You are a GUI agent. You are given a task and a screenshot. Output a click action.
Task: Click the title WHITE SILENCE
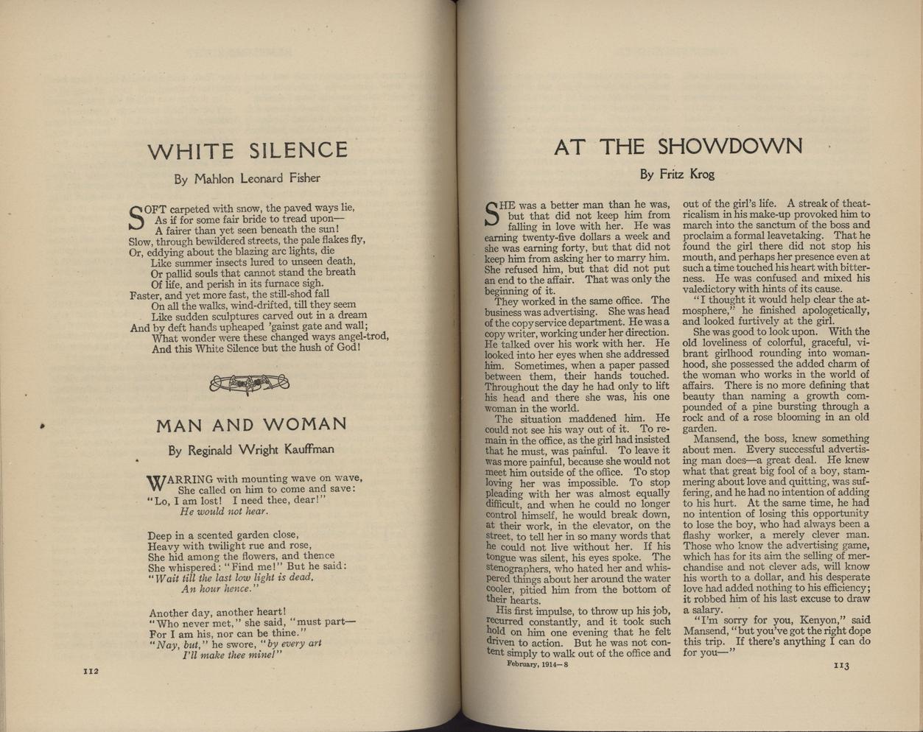pyautogui.click(x=247, y=151)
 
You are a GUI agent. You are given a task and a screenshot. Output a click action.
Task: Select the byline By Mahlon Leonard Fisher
pyautogui.click(x=247, y=178)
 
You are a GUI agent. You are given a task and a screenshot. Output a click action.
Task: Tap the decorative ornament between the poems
pyautogui.click(x=249, y=384)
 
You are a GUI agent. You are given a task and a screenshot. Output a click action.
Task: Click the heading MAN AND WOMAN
pyautogui.click(x=251, y=425)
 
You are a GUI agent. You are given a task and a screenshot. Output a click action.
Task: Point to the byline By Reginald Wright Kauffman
pyautogui.click(x=251, y=449)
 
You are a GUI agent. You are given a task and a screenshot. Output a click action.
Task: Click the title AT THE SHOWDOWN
pyautogui.click(x=678, y=147)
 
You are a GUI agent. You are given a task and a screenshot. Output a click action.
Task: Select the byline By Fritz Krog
pyautogui.click(x=677, y=175)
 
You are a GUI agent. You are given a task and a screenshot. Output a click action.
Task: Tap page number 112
pyautogui.click(x=89, y=671)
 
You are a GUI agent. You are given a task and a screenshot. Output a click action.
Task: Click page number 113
pyautogui.click(x=841, y=666)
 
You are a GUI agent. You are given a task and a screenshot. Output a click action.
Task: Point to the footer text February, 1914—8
pyautogui.click(x=537, y=664)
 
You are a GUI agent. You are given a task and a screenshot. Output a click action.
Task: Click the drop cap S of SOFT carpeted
pyautogui.click(x=136, y=217)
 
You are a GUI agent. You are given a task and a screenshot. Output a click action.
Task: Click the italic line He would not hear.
pyautogui.click(x=224, y=511)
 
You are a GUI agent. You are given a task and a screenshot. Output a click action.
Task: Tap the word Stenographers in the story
pyautogui.click(x=519, y=568)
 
